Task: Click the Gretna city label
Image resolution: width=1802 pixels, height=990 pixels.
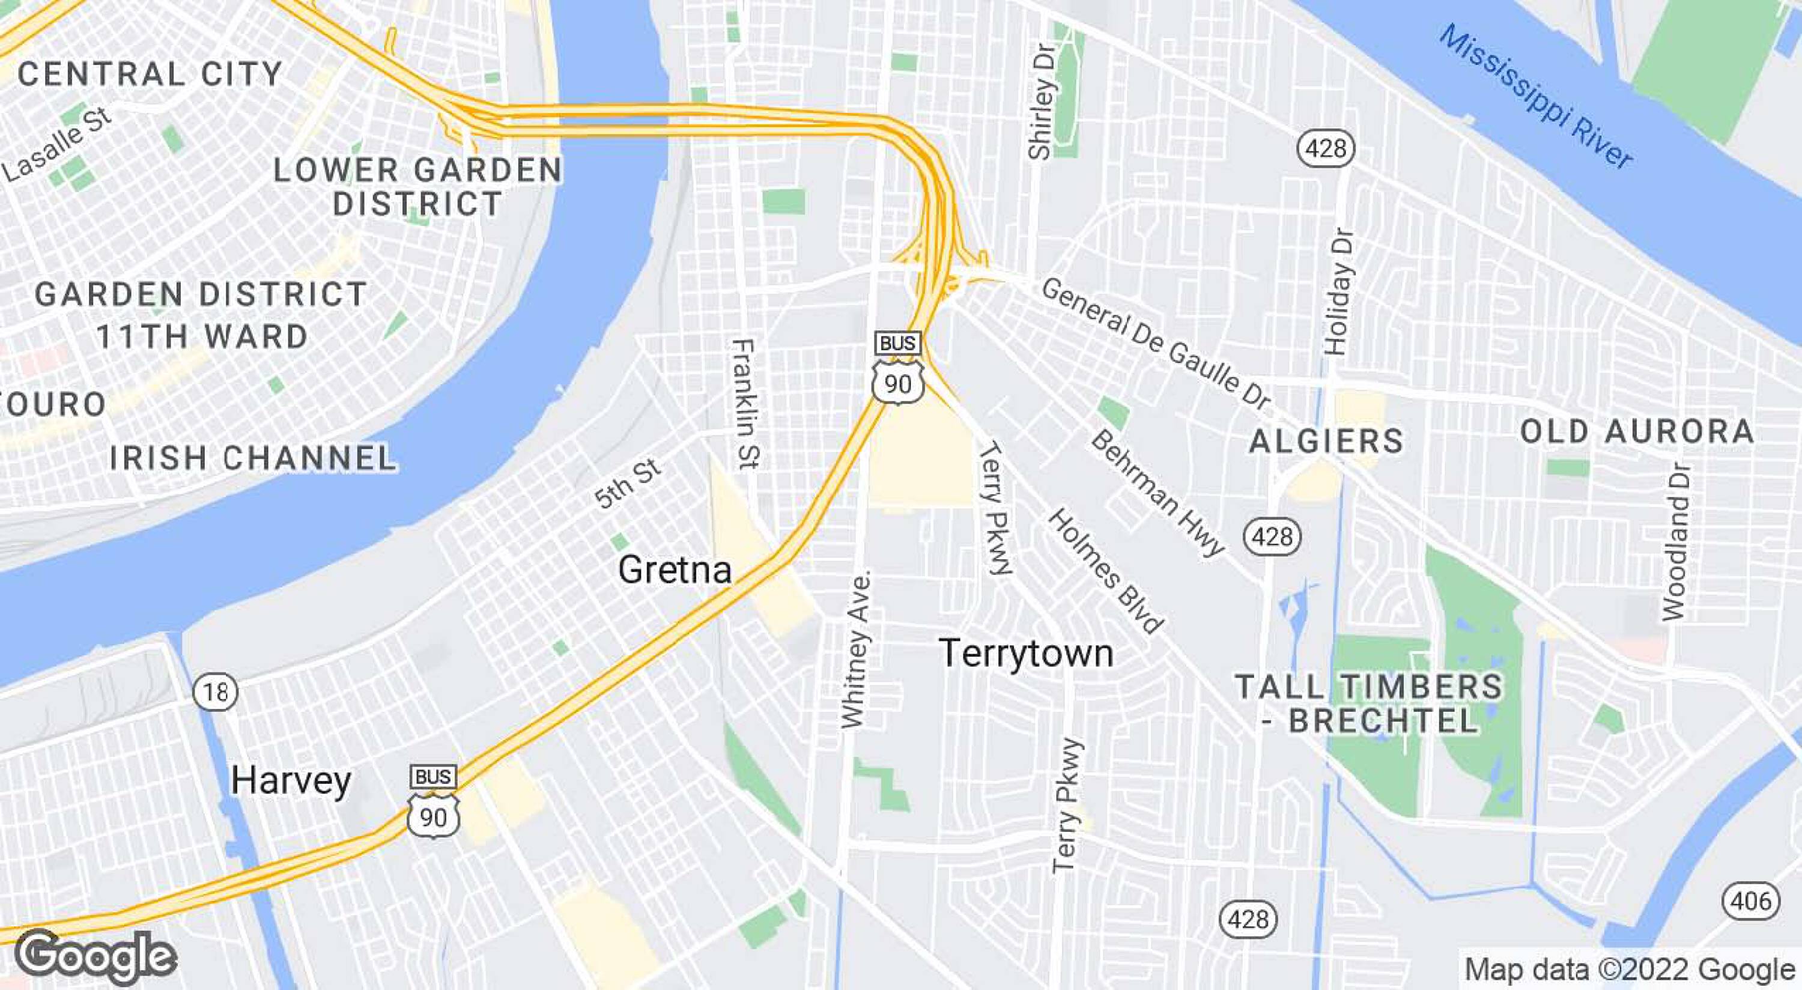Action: click(675, 569)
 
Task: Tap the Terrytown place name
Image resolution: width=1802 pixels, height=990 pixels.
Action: click(1025, 653)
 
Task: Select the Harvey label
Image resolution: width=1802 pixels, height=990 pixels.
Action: click(291, 780)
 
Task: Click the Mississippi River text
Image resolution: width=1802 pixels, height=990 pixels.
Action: click(1536, 97)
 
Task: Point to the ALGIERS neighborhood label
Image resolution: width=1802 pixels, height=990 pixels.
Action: click(1326, 442)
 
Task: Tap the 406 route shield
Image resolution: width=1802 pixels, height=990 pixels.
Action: click(1750, 900)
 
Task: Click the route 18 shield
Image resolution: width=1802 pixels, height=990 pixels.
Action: click(216, 692)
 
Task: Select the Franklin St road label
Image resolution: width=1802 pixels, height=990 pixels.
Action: click(744, 404)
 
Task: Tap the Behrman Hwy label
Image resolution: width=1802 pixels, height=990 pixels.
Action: click(1157, 493)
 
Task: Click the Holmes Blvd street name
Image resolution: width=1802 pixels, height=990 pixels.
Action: click(1105, 571)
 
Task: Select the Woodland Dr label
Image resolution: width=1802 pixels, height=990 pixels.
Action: click(1675, 540)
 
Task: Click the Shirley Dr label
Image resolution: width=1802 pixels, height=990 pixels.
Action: click(1040, 102)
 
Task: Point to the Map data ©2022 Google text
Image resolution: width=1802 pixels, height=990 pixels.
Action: click(1630, 970)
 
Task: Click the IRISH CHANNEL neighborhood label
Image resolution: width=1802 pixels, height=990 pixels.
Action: click(253, 458)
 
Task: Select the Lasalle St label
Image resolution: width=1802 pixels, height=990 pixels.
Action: click(57, 145)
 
